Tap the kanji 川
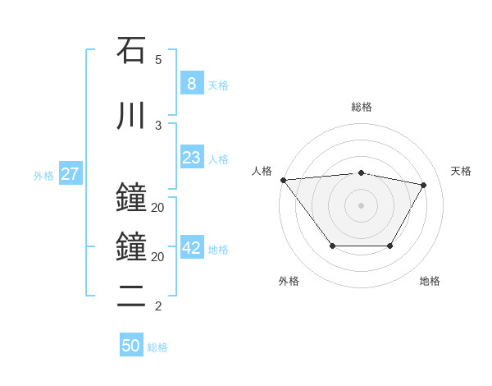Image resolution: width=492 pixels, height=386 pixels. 131,116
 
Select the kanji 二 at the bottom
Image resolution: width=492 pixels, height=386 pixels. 131,296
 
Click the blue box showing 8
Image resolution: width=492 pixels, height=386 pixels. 191,83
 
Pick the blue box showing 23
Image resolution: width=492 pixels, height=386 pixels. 191,158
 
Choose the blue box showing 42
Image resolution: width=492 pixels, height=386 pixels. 191,248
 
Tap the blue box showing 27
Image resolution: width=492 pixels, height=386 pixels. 70,174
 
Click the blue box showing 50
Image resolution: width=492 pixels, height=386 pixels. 131,346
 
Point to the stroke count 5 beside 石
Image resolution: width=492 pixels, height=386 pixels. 158,60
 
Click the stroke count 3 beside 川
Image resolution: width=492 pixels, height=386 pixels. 158,126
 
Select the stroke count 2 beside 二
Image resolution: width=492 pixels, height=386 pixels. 158,307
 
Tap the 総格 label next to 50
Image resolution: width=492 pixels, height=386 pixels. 157,347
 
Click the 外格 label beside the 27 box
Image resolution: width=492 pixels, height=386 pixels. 43,176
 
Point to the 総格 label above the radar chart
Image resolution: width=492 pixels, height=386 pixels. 361,107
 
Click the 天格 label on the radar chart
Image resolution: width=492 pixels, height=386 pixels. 461,171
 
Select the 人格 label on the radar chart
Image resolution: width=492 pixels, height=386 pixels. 262,171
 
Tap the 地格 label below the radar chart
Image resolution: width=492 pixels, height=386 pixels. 430,281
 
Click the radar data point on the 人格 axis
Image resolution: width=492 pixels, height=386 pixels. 283,180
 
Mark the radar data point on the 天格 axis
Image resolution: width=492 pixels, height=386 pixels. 423,185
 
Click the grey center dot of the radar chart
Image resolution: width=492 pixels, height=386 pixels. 361,205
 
